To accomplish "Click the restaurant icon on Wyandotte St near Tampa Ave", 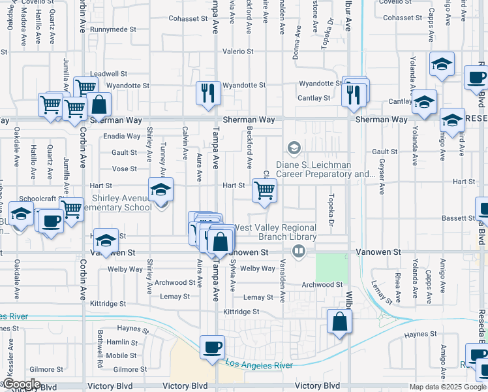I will coord(209,93).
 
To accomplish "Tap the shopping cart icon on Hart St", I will coord(264,191).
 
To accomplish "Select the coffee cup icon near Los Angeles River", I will coord(211,347).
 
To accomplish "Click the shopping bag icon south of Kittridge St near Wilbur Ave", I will coord(340,321).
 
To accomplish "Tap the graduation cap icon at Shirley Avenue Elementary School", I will coord(160,190).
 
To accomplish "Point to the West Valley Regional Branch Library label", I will coord(275,232).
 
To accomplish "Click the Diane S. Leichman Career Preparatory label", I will coord(323,169).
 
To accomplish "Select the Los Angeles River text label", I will coord(258,365).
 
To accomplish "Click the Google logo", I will coord(21,384).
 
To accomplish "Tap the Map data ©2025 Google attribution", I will coord(447,387).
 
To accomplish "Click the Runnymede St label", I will coord(114,29).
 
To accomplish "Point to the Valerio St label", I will coord(237,51).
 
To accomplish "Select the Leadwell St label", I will coord(108,74).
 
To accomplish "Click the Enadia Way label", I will coord(122,137).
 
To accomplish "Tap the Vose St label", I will coord(124,169).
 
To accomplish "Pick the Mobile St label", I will coord(121,355).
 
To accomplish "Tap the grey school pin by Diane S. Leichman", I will coord(294,148).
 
